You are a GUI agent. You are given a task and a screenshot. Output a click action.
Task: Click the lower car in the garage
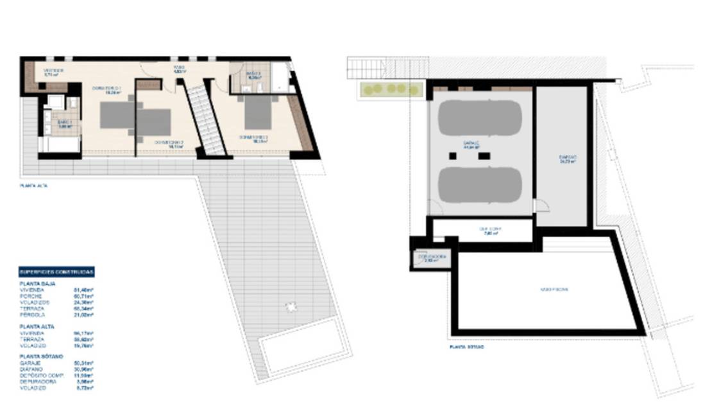480,184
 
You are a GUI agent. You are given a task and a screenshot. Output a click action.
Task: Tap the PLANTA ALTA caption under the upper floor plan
34,186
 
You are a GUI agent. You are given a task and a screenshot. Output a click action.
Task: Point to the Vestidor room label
53,72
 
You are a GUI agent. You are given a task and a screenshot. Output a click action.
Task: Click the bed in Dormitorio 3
259,112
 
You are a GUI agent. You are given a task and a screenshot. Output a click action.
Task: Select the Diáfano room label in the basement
567,159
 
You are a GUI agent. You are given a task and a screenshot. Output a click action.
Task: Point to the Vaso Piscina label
553,290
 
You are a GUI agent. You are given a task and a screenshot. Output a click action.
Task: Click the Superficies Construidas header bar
56,272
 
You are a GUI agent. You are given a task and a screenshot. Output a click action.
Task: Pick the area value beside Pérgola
85,315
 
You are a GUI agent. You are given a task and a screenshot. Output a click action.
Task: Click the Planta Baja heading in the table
38,283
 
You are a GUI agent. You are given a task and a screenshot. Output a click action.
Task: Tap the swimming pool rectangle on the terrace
300,353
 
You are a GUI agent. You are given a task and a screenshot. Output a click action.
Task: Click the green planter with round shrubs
390,89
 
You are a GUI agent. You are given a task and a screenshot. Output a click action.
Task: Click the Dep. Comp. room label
489,230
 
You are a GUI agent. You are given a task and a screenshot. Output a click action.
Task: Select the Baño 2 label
253,74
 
